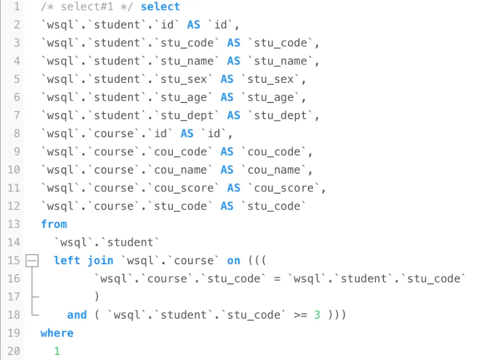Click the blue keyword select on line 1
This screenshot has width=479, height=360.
(160, 6)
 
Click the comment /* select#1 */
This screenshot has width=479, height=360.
(87, 6)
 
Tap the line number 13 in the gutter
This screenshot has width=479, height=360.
(14, 224)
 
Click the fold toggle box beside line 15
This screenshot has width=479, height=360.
(32, 261)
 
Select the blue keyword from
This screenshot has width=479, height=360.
(54, 224)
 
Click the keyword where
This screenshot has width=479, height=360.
(57, 333)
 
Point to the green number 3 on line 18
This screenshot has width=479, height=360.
(317, 315)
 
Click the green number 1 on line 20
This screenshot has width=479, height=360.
(57, 351)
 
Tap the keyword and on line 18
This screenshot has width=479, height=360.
(77, 315)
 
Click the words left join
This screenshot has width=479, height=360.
(84, 261)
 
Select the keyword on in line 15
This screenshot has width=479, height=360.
(234, 261)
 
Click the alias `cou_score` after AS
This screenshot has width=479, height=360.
(284, 188)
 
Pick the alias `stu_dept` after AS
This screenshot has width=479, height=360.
(280, 115)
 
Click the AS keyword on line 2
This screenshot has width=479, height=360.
(194, 25)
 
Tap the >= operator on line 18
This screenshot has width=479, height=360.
(300, 315)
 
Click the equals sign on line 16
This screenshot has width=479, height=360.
(277, 279)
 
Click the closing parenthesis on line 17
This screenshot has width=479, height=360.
(97, 297)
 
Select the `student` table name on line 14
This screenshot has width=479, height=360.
(130, 242)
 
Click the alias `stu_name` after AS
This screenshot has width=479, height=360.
(280, 61)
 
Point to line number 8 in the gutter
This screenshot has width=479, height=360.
(17, 134)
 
